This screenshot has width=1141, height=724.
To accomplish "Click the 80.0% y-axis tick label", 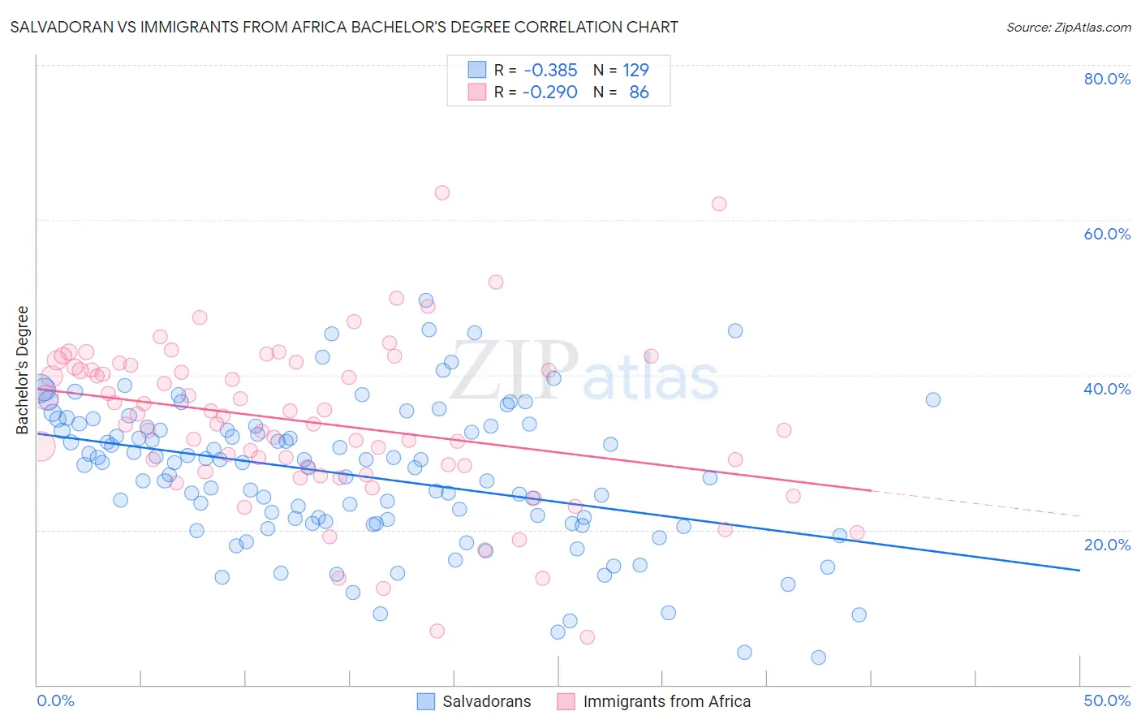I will coord(1107,79).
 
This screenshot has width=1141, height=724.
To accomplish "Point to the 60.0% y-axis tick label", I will coord(1107,234).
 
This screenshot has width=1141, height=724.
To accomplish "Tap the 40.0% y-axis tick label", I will coord(1107,389).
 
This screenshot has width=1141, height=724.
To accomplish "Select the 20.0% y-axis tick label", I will coord(1107,544).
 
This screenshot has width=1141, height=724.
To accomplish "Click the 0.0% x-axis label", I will coord(55,700).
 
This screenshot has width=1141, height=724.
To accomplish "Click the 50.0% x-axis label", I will coord(1107,700).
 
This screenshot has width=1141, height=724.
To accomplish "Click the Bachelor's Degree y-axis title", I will coord(23,369).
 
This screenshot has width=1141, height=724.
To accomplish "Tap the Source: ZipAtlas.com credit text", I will coord(1068,27).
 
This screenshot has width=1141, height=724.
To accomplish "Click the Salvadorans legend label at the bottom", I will coord(486,701).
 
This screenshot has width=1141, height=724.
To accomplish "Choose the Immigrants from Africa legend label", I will coord(666,701).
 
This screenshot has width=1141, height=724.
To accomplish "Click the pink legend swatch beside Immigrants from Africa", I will coord(566,701).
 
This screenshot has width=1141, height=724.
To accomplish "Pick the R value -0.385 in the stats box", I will coord(550,70).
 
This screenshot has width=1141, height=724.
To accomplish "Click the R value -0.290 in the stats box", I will coord(550,92).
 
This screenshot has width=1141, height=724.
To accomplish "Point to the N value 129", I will coord(635,70).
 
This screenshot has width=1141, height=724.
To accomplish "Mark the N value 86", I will coord(639,92).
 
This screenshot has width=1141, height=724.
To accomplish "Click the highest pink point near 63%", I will coord(442,192).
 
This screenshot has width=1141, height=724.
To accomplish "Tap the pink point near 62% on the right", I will coord(719,204).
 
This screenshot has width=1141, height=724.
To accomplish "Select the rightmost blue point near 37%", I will coord(933,399).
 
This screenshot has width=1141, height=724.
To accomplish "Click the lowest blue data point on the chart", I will coord(818,657).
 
